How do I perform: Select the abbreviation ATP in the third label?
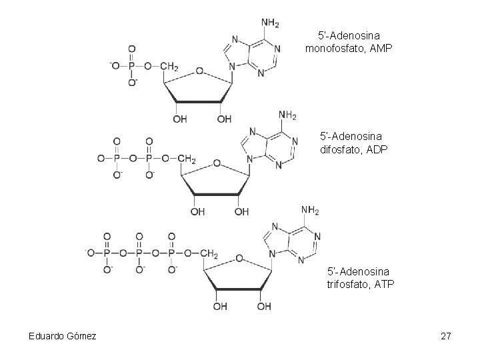click(383, 285)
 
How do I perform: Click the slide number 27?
click(446, 336)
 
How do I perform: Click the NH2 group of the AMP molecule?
click(270, 23)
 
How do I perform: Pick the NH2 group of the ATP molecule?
click(310, 211)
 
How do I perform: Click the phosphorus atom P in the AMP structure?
click(131, 66)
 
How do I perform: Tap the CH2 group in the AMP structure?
click(169, 66)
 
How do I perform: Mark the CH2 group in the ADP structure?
click(187, 159)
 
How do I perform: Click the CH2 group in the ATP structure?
click(209, 254)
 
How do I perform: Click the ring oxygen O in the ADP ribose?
click(216, 163)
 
